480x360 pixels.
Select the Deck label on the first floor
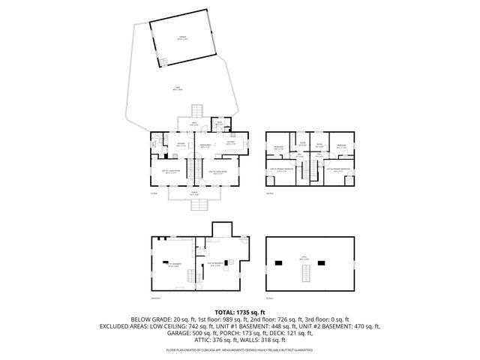[x=193, y=123]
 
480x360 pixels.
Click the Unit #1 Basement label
[x=173, y=265]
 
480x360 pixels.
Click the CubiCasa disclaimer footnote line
[x=239, y=349]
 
